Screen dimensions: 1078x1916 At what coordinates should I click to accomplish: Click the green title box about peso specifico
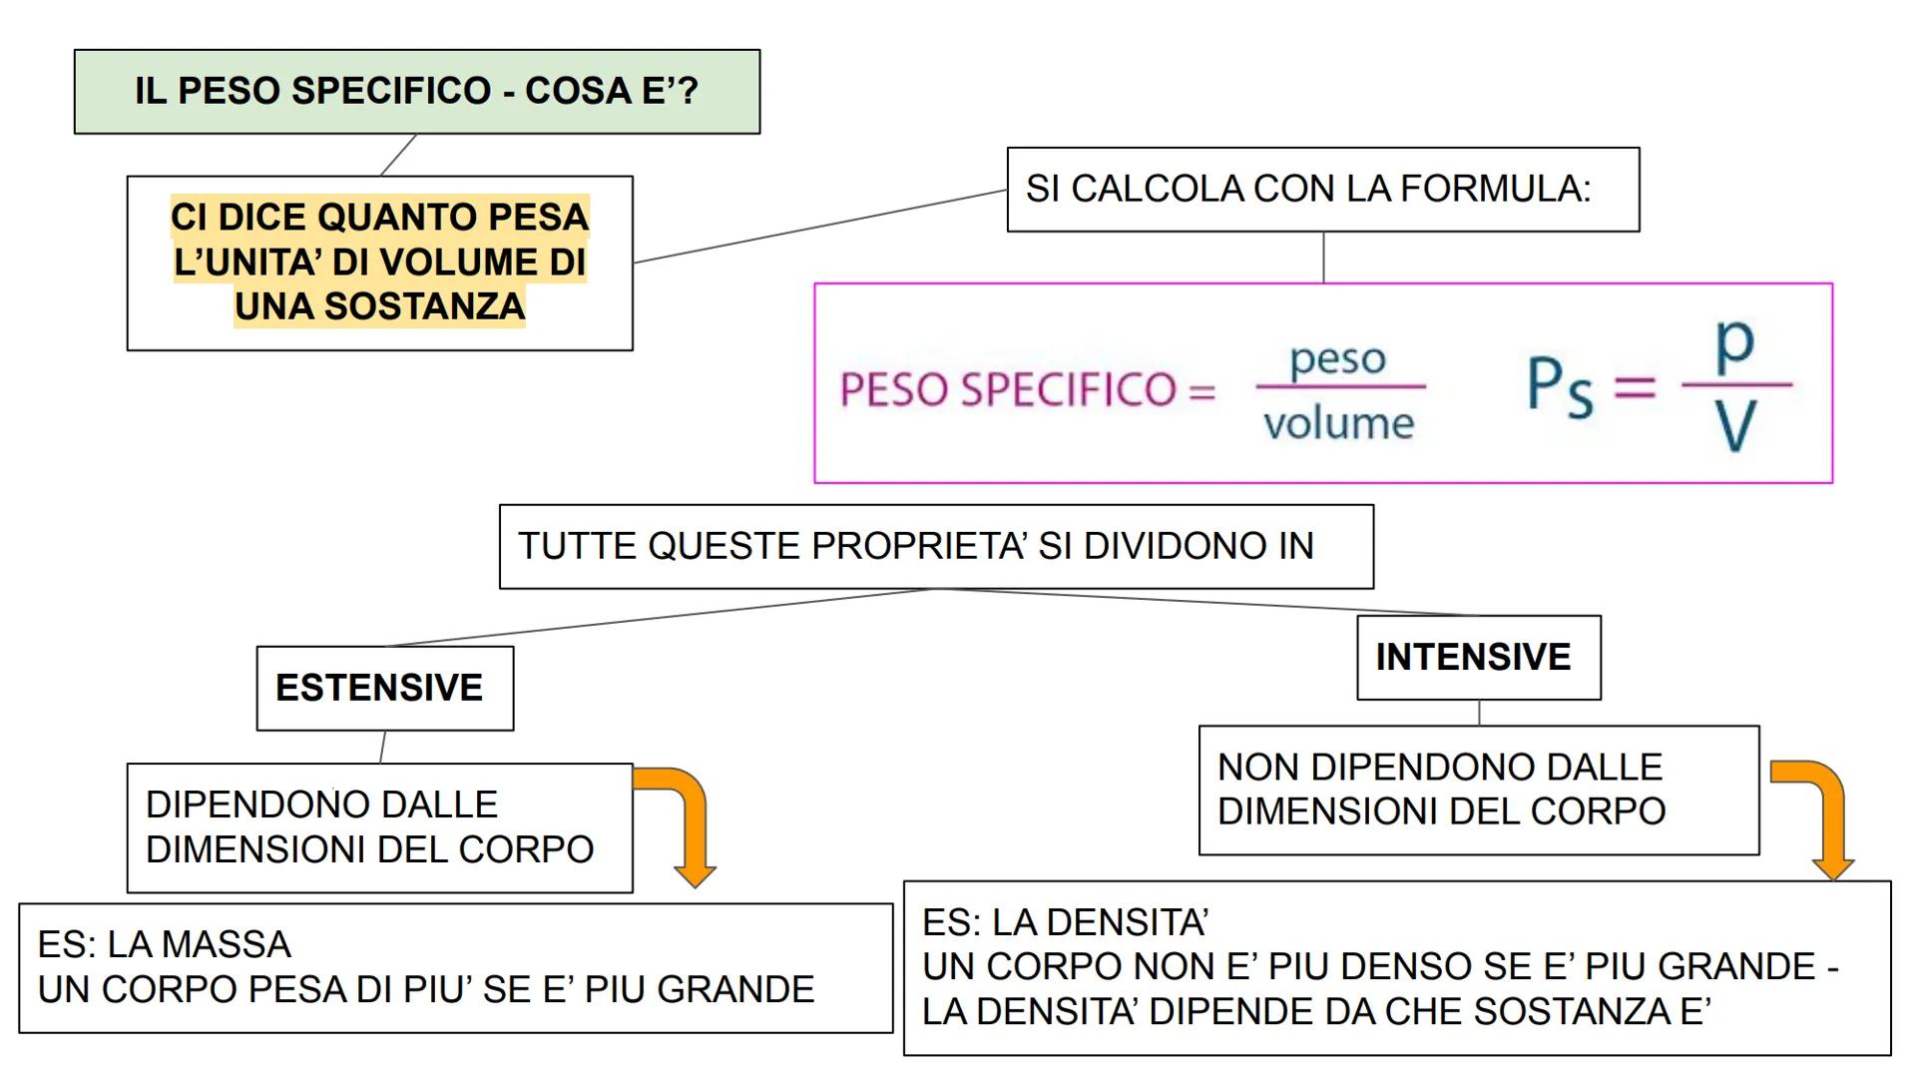click(x=416, y=91)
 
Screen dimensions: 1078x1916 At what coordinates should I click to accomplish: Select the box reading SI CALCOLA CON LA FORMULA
click(x=1322, y=190)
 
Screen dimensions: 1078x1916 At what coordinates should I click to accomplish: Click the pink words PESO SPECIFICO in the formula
click(x=1008, y=389)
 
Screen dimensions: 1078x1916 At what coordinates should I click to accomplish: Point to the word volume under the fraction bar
click(x=1338, y=424)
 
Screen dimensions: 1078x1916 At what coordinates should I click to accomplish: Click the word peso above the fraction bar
click(x=1337, y=359)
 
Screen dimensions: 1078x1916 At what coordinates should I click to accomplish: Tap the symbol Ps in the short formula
click(x=1559, y=387)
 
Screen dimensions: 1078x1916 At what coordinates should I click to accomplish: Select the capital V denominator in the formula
click(x=1735, y=427)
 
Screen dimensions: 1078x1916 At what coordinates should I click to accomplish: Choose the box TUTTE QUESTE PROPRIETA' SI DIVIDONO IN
click(x=935, y=546)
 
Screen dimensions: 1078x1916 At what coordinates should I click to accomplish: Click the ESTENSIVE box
click(x=384, y=688)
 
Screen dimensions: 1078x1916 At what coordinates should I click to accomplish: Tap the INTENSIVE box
click(x=1478, y=657)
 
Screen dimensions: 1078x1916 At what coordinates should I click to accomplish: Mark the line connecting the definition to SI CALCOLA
click(x=818, y=227)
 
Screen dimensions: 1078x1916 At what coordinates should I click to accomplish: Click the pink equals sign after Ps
click(x=1635, y=387)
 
